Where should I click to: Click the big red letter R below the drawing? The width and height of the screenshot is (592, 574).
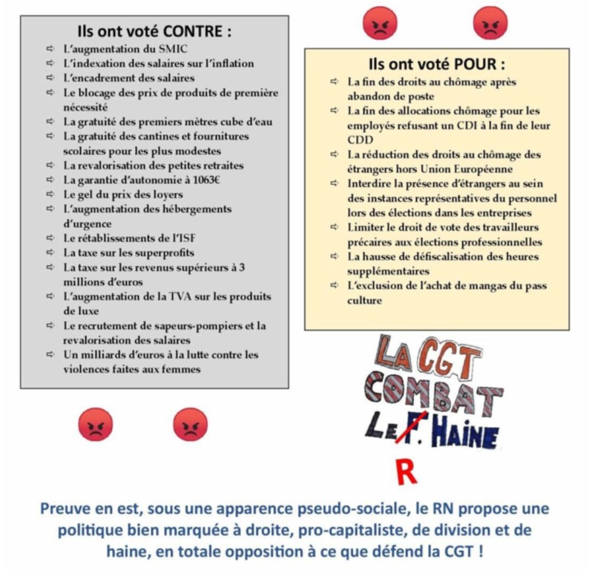(404, 471)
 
